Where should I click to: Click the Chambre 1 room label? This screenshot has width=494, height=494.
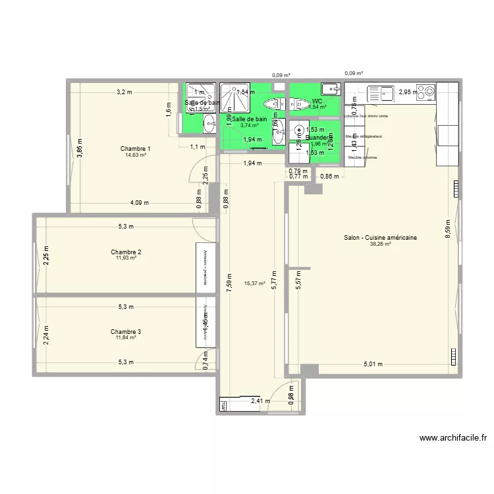pyautogui.click(x=135, y=149)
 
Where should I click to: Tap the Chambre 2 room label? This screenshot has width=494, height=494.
pyautogui.click(x=126, y=252)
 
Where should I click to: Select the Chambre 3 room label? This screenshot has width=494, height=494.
pyautogui.click(x=126, y=332)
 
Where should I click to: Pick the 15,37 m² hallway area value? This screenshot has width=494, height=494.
pyautogui.click(x=254, y=284)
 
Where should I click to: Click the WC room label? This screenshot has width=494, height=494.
pyautogui.click(x=317, y=101)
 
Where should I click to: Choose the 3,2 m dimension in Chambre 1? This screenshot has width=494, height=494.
pyautogui.click(x=124, y=92)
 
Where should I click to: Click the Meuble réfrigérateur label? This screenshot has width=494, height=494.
pyautogui.click(x=364, y=137)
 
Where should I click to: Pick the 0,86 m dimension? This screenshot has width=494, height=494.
pyautogui.click(x=329, y=176)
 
